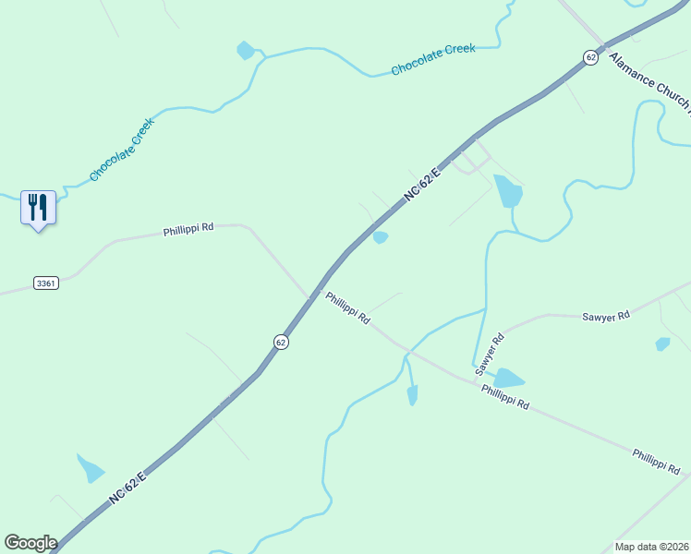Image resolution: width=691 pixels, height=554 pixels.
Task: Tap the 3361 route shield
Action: point(45,283)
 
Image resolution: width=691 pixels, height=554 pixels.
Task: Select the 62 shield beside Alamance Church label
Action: point(590,57)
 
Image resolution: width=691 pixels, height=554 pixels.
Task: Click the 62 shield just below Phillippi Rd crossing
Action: point(281,342)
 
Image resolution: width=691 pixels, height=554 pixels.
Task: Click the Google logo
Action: point(30,543)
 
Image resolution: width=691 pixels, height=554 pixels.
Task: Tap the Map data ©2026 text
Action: point(651,547)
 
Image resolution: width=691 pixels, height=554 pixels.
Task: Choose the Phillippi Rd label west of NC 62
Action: point(188,228)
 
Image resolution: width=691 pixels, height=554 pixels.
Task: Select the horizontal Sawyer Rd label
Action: point(606,316)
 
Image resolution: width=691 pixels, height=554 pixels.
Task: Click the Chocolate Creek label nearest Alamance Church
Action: point(432,59)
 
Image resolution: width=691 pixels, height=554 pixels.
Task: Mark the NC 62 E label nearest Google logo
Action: point(127,488)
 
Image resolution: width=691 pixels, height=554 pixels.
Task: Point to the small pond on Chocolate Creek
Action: point(246,51)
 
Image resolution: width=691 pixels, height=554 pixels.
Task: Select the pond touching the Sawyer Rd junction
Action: point(506,379)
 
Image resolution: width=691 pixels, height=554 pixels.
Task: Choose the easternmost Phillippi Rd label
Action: point(656,461)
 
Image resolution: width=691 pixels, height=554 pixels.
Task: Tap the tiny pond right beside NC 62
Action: point(380,237)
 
